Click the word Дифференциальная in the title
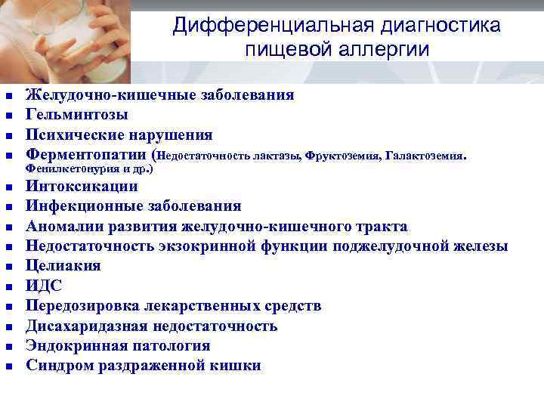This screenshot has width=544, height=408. (x=274, y=26)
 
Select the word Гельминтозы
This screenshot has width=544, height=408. (x=76, y=114)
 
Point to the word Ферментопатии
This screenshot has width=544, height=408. (x=86, y=155)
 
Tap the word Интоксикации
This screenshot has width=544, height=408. (x=82, y=186)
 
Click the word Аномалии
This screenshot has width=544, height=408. (x=63, y=226)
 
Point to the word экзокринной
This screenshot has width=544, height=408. (x=207, y=246)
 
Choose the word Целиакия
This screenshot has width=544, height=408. (x=63, y=266)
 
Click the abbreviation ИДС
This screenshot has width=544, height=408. (x=44, y=286)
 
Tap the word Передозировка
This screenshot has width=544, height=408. (x=82, y=306)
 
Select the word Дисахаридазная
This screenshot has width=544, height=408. (x=87, y=326)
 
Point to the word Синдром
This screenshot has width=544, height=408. (x=60, y=366)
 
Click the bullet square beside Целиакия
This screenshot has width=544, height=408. (x=9, y=267)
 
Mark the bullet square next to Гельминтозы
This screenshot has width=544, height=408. (x=9, y=116)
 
